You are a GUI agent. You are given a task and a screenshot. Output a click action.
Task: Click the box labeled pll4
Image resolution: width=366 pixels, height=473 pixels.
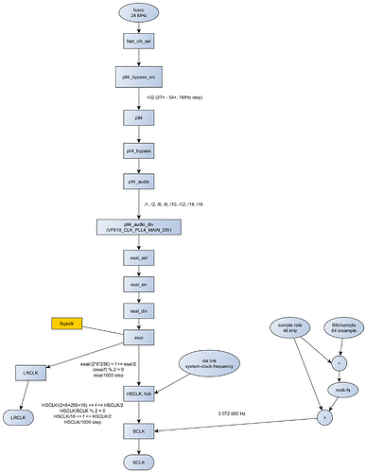pos(138,117)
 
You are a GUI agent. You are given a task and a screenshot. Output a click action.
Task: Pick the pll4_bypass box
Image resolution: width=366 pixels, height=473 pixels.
pos(138,150)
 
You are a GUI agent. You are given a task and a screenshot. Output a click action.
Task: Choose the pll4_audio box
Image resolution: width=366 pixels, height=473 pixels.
pos(138,181)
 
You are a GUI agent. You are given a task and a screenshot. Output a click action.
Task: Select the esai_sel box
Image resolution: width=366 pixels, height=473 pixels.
pos(138,256)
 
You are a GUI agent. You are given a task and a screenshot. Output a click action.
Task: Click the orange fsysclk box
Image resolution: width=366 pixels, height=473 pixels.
pos(67,324)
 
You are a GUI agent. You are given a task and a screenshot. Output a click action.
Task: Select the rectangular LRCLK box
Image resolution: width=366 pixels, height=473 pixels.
pos(34,374)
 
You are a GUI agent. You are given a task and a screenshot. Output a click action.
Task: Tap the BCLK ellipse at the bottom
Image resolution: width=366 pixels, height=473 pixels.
pos(138,461)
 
